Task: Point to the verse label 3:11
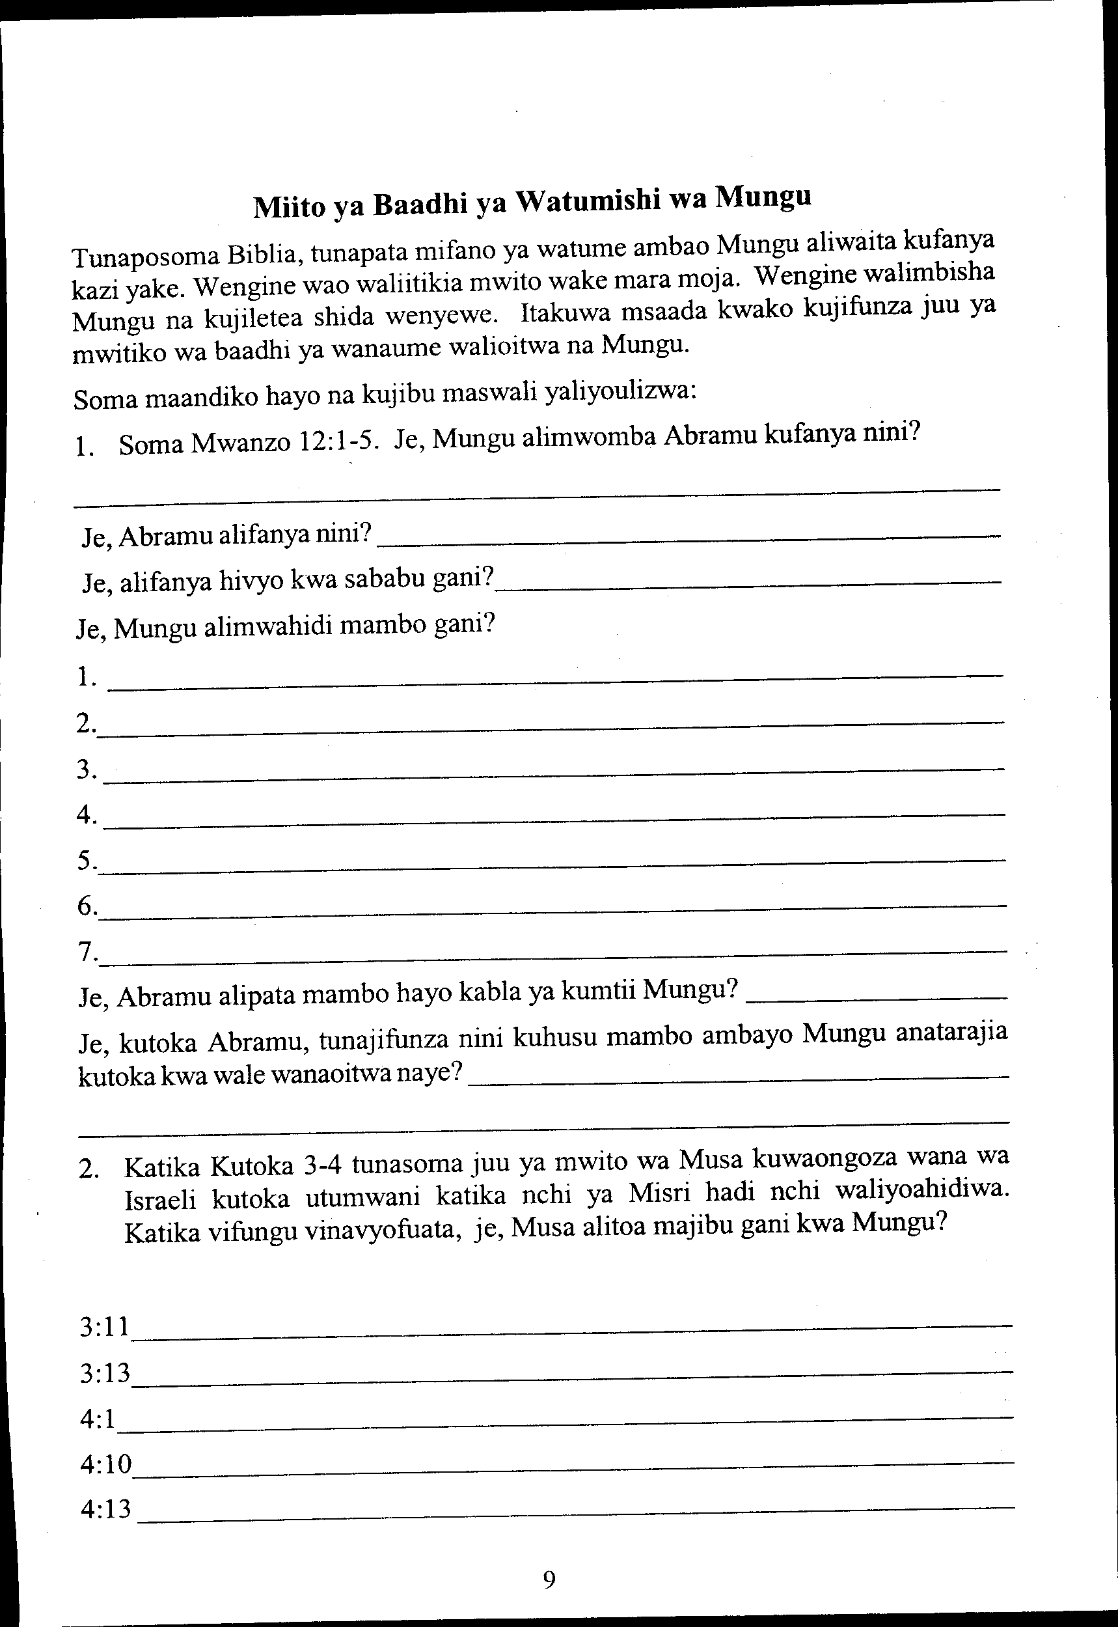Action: (x=105, y=1326)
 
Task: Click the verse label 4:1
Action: (x=98, y=1419)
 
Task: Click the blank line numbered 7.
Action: (x=553, y=955)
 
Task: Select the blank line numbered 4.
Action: (x=553, y=818)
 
